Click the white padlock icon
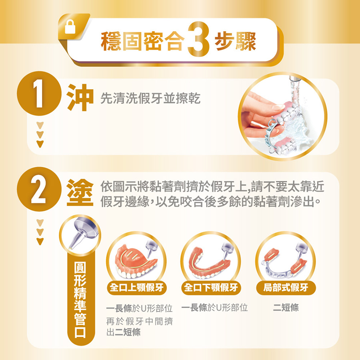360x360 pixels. tap(70, 27)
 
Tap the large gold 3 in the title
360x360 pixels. tap(198, 39)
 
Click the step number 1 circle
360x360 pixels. tap(39, 94)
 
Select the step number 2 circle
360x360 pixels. tap(39, 189)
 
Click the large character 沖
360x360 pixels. tap(80, 98)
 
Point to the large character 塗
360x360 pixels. tap(80, 192)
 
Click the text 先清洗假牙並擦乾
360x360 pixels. tap(150, 98)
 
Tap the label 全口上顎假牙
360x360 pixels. tap(137, 288)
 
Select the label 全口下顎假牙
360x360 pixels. tap(211, 288)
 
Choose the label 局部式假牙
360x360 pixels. tap(286, 288)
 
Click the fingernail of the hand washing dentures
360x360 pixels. tap(278, 107)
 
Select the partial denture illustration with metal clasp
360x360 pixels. tap(285, 264)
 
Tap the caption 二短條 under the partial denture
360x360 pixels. tap(286, 308)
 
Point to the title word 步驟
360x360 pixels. tap(235, 41)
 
